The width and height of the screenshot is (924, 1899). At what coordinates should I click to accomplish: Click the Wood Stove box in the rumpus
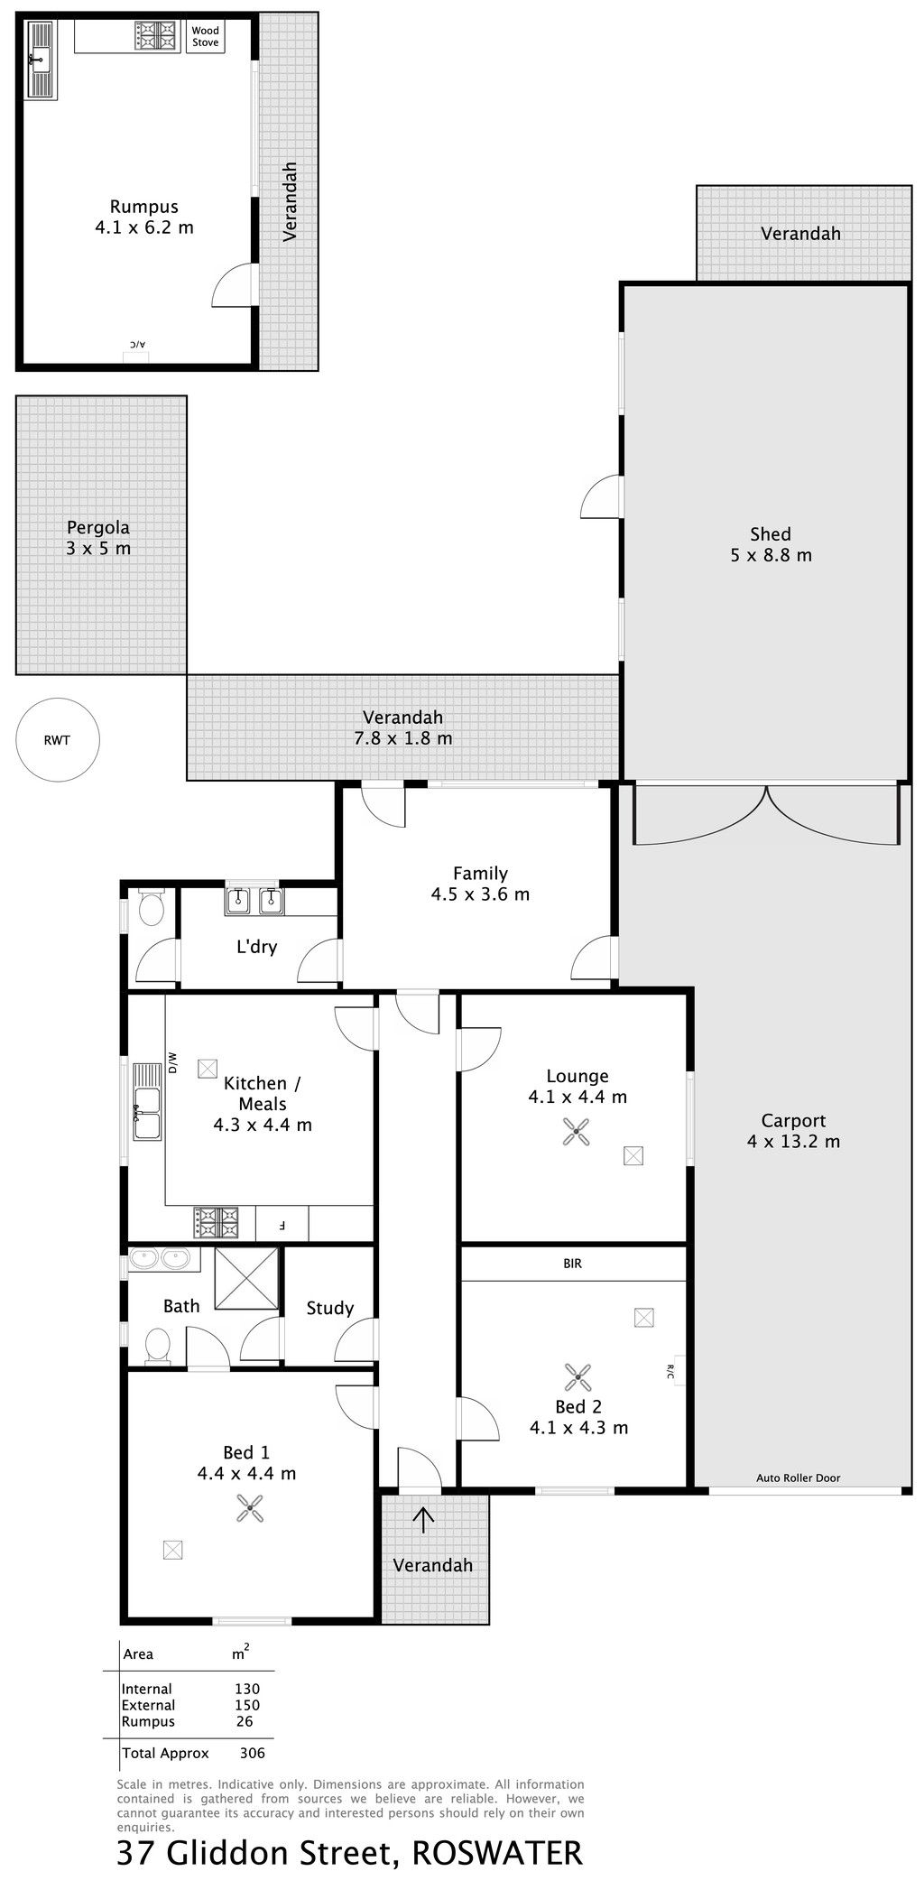pos(206,37)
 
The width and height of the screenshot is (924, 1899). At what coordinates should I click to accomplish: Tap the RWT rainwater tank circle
pos(58,740)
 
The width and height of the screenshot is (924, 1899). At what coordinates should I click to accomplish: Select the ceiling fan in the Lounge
pos(576,1132)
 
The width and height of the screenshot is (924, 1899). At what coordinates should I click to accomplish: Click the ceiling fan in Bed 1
pos(250,1508)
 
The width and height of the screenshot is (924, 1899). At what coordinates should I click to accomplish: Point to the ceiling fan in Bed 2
pos(577,1377)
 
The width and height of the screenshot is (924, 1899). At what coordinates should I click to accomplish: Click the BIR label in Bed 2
pos(573,1264)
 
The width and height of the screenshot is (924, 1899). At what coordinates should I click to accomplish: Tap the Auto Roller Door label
pos(798,1478)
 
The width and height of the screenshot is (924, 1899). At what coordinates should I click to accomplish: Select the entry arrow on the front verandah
pos(423,1519)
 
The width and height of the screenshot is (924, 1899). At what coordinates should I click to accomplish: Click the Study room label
pos(330,1308)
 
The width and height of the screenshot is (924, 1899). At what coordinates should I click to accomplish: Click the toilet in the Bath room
pos(158,1347)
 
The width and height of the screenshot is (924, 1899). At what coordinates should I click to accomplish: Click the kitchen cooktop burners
pos(216,1222)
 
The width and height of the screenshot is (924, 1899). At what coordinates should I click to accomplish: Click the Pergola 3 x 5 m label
pos(98,538)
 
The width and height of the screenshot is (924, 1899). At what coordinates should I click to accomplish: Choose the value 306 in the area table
pos(253,1754)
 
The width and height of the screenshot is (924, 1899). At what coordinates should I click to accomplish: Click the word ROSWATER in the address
pos(497,1854)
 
